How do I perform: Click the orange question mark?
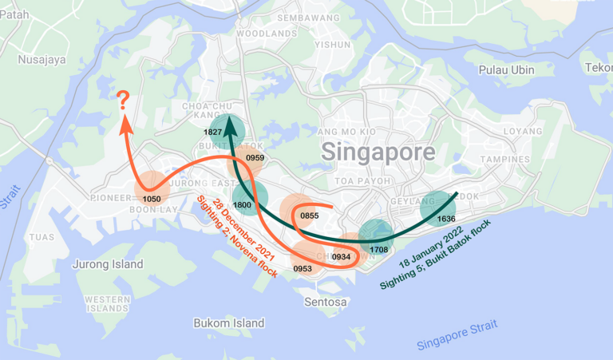[x=124, y=101]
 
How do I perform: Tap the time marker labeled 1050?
[x=152, y=197]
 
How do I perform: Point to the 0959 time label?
[x=255, y=158]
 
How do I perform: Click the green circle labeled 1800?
[x=243, y=204]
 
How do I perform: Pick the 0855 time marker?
[x=310, y=216]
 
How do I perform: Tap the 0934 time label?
[x=341, y=256]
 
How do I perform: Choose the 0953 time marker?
[x=302, y=268]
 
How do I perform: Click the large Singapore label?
[x=378, y=152]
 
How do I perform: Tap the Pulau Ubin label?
[x=506, y=69]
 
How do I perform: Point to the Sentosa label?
[x=326, y=302]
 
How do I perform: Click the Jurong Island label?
[x=108, y=264]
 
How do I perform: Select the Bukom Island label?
[x=228, y=323]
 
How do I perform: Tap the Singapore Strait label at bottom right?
[x=457, y=335]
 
